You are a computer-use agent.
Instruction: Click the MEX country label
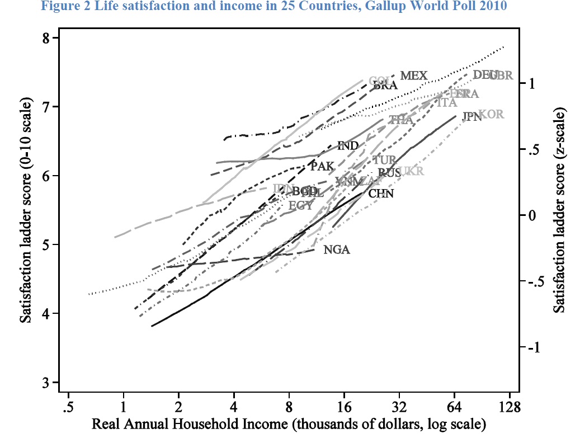click(414, 76)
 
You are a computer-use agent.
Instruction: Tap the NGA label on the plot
click(337, 250)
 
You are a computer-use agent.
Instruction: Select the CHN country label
click(381, 194)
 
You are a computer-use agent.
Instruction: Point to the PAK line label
click(322, 166)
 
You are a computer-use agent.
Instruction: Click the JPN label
click(472, 117)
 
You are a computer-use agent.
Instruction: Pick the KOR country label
click(492, 114)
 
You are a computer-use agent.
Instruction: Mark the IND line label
click(348, 146)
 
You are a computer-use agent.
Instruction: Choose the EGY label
click(300, 205)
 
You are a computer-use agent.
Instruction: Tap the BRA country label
click(385, 86)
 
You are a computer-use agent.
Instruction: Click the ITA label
click(446, 103)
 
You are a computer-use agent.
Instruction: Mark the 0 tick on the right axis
click(532, 215)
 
